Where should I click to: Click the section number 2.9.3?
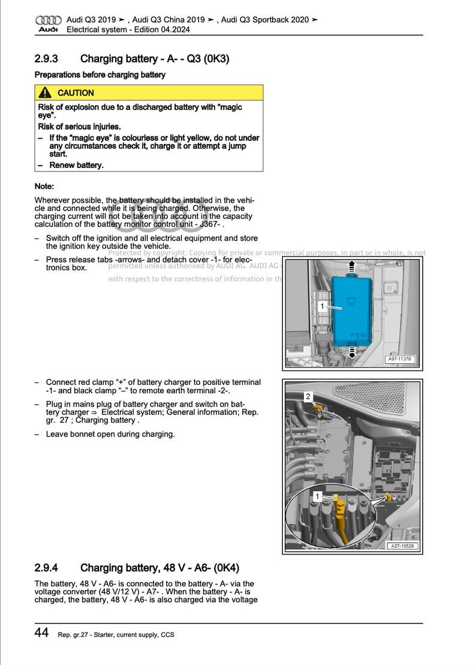pyautogui.click(x=46, y=59)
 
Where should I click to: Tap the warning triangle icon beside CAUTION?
pyautogui.click(x=44, y=93)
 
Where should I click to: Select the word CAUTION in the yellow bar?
pyautogui.click(x=76, y=93)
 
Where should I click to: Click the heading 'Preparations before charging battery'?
pyautogui.click(x=100, y=75)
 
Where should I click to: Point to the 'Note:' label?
pyautogui.click(x=44, y=186)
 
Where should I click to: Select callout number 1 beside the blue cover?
pyautogui.click(x=322, y=306)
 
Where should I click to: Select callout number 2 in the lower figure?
pyautogui.click(x=308, y=396)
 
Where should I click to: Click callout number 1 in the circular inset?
pyautogui.click(x=318, y=496)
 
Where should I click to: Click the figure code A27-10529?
pyautogui.click(x=402, y=546)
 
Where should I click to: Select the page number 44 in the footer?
pyautogui.click(x=41, y=633)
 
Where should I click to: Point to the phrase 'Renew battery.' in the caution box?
pyautogui.click(x=76, y=165)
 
